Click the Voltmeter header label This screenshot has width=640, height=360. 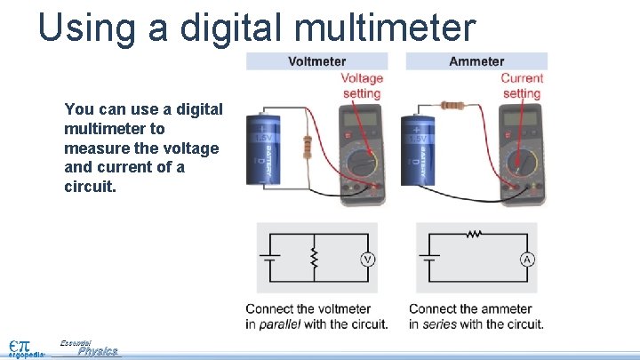tap(316, 61)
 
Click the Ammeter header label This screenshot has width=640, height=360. tap(476, 61)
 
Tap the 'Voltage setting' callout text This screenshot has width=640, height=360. tap(362, 85)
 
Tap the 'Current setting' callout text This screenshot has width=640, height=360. tap(522, 85)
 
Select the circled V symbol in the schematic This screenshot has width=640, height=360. tap(367, 259)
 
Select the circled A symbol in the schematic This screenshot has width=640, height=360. tap(527, 259)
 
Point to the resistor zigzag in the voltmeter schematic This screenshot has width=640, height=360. tap(312, 258)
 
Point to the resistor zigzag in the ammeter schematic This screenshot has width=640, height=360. tap(475, 235)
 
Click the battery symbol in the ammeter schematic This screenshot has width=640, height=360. tap(430, 259)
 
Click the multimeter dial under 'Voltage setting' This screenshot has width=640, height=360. tap(361, 164)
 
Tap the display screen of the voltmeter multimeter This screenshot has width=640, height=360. tap(359, 119)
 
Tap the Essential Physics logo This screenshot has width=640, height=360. tap(89, 348)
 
